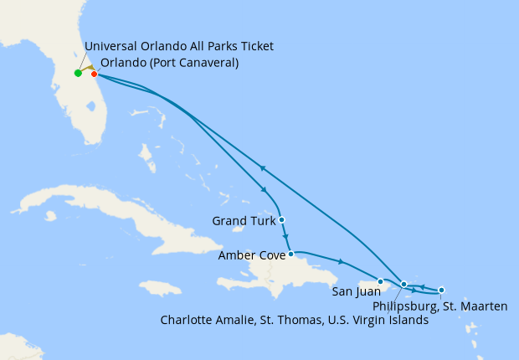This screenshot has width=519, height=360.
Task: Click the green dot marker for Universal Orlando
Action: pos(78,73)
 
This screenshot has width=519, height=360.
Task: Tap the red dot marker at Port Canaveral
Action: pos(94,74)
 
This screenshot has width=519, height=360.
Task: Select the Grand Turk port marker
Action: pos(282,220)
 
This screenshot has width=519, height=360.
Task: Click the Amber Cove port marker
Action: pos(290,254)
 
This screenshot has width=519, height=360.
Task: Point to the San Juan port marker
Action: pos(380,281)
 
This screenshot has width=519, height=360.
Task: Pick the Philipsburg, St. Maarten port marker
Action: pos(441,290)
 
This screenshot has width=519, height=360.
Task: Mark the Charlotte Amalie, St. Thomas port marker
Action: pos(404,285)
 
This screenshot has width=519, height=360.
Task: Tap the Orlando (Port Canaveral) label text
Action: pos(169,63)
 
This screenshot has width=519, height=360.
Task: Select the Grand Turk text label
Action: pos(243,221)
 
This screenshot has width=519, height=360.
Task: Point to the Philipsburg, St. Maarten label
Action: pos(439,306)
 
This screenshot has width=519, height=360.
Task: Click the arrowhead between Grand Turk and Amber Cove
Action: pos(286,237)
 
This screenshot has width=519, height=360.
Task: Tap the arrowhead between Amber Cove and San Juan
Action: pos(340,262)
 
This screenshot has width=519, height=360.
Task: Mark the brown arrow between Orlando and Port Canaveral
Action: pos(88,69)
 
